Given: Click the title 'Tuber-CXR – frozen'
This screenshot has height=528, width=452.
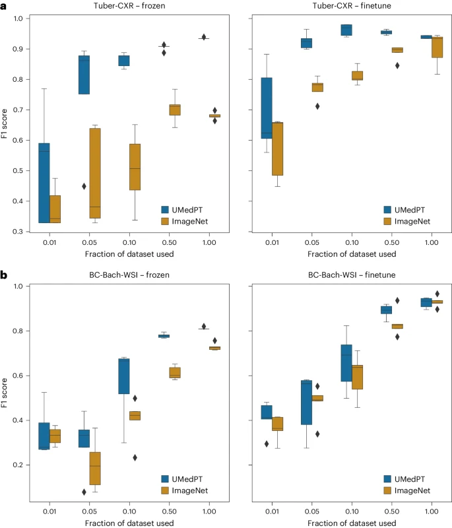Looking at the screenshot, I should coord(129,6).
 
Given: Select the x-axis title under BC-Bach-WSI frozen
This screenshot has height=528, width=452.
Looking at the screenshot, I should coord(129,523).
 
